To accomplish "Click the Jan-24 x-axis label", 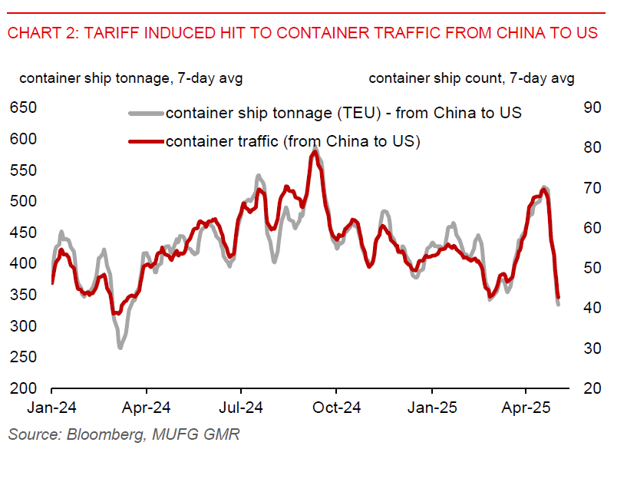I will pyautogui.click(x=51, y=408).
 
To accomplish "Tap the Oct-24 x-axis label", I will pyautogui.click(x=336, y=408).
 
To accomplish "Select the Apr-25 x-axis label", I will pyautogui.click(x=526, y=408).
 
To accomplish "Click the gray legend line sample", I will pyautogui.click(x=145, y=114).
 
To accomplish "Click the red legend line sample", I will pyautogui.click(x=145, y=141).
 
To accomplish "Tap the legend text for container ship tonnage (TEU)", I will pyautogui.click(x=343, y=114).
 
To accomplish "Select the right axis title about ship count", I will pyautogui.click(x=470, y=78).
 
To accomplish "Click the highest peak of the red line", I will pyautogui.click(x=314, y=152).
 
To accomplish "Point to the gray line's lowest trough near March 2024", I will pyautogui.click(x=120, y=347).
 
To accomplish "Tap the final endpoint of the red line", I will pyautogui.click(x=558, y=297).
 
